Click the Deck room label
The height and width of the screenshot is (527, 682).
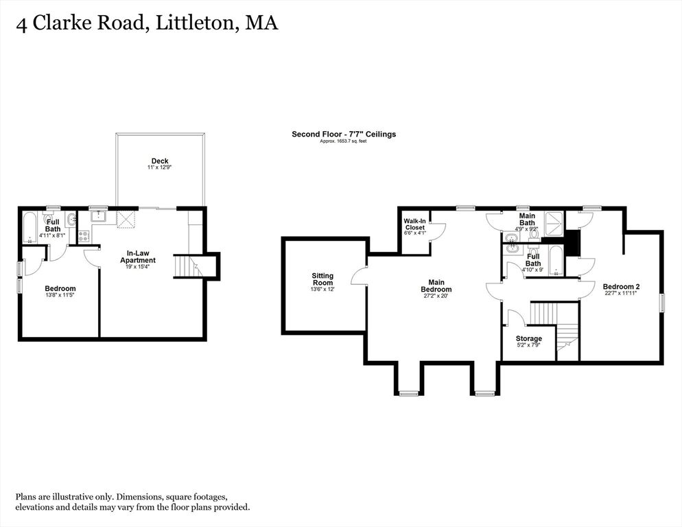click(x=160, y=161)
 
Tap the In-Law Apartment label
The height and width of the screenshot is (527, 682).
click(x=138, y=257)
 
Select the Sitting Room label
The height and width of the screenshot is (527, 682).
click(x=322, y=279)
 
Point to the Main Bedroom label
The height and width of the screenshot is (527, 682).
click(x=436, y=286)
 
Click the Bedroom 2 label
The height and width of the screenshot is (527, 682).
click(x=621, y=287)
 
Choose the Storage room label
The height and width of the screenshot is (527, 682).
click(x=529, y=338)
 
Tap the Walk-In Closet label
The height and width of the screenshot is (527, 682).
click(x=415, y=224)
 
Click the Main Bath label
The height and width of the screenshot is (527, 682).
click(x=527, y=220)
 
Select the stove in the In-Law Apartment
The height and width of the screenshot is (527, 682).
click(x=84, y=236)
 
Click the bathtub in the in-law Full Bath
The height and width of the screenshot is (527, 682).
click(x=30, y=228)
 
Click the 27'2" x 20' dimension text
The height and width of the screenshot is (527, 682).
click(x=436, y=296)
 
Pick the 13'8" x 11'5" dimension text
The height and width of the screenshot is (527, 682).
click(x=60, y=295)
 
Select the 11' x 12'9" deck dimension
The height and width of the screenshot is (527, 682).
click(x=160, y=167)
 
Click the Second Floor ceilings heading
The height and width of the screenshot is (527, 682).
click(x=344, y=134)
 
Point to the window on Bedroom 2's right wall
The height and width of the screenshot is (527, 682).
click(x=662, y=303)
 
